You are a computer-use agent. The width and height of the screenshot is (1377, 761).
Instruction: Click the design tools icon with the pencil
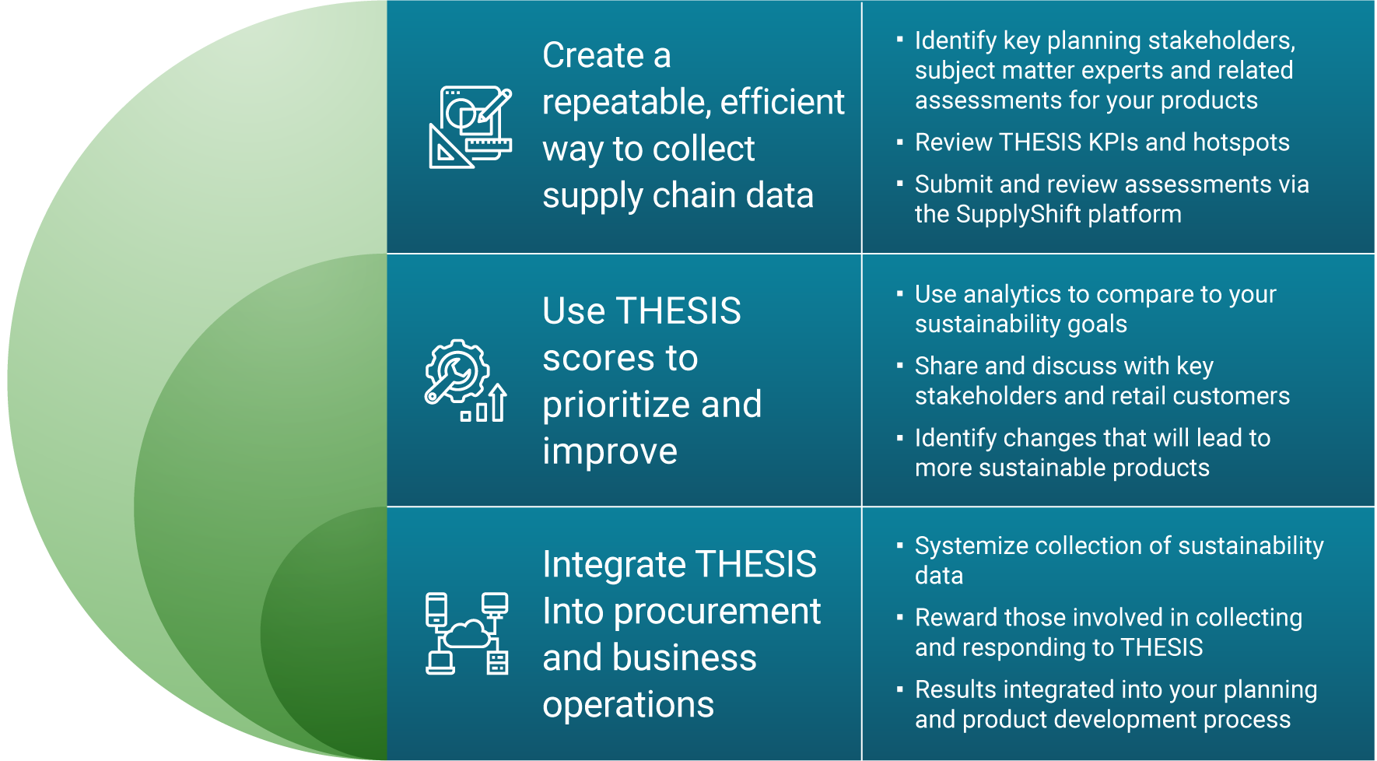point(471,127)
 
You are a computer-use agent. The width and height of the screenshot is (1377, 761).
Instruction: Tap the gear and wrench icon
point(466,380)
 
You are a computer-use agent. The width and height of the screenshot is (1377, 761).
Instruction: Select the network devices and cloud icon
point(467,633)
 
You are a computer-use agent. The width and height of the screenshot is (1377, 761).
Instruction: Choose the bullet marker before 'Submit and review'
point(900,184)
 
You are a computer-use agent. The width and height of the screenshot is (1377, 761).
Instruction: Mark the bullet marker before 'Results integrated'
point(900,689)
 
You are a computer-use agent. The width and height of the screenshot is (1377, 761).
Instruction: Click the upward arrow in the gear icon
point(498,402)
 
